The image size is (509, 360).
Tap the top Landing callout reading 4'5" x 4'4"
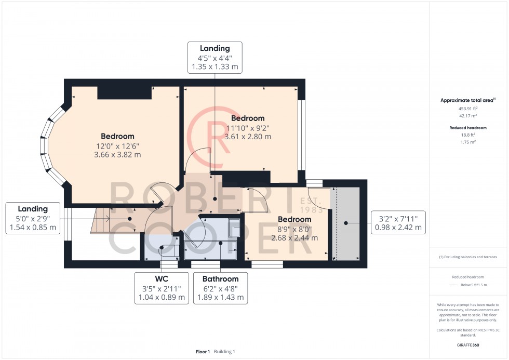click(x=215, y=58)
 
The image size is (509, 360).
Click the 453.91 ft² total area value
click(x=467, y=108)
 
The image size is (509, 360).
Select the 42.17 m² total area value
click(x=467, y=116)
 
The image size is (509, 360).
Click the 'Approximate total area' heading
click(x=467, y=100)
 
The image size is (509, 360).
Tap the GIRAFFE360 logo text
click(x=467, y=345)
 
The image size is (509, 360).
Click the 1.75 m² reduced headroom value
click(x=467, y=141)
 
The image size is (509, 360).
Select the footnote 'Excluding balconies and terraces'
click(x=467, y=257)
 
